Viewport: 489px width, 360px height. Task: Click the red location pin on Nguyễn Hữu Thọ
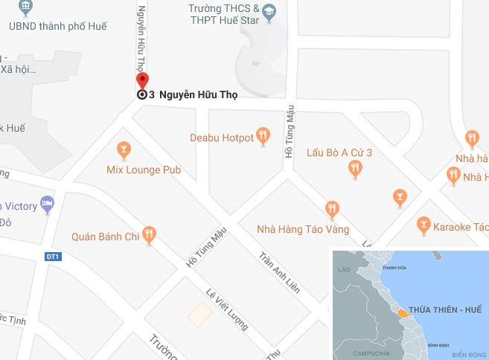click(142, 82)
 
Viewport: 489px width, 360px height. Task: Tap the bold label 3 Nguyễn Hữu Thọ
click(193, 94)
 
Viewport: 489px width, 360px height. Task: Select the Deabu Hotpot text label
click(221, 138)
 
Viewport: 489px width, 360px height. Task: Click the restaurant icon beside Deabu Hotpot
click(263, 135)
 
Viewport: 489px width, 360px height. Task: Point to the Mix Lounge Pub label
click(144, 170)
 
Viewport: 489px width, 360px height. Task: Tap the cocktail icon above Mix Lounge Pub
click(124, 149)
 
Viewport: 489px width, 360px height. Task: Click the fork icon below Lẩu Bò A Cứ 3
click(355, 169)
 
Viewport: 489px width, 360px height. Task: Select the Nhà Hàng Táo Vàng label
click(302, 229)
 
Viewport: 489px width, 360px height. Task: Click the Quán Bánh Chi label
click(106, 237)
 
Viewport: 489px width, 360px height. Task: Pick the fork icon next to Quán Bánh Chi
click(150, 235)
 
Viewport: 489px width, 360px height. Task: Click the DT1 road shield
click(52, 257)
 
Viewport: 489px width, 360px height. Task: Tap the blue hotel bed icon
click(48, 203)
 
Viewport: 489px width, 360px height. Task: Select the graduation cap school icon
click(269, 11)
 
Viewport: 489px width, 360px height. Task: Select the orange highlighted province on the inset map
click(403, 312)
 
